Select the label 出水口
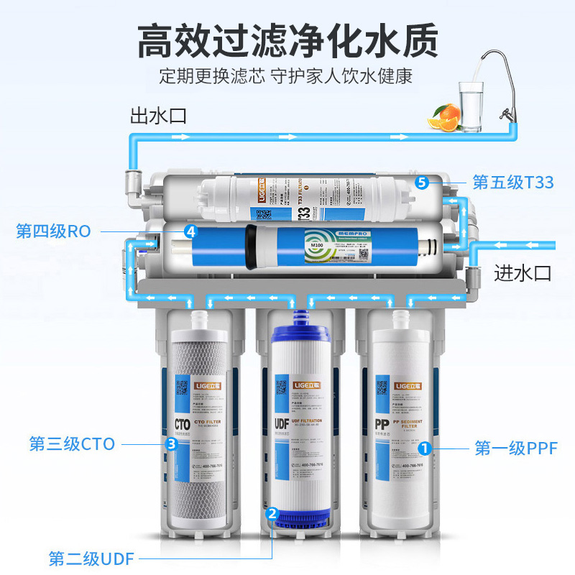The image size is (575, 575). click(x=158, y=115)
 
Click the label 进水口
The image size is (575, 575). click(x=523, y=272)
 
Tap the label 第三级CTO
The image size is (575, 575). click(x=72, y=443)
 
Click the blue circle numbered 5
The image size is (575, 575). click(x=422, y=183)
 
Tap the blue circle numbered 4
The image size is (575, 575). click(x=190, y=231)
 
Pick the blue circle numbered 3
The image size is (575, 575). click(x=171, y=444)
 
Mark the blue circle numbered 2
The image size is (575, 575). click(x=271, y=513)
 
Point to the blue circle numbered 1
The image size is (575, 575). click(x=425, y=448)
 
